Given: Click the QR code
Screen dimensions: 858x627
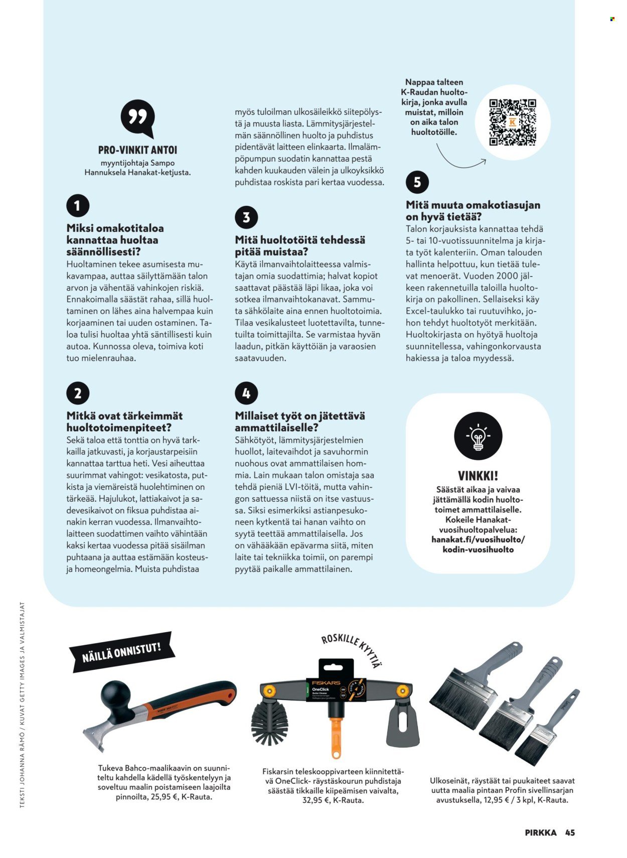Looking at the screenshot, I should tap(512, 122).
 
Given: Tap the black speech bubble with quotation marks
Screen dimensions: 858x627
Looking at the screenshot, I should tap(137, 119).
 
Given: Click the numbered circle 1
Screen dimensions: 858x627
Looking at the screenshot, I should tap(77, 206).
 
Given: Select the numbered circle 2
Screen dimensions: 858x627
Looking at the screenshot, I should tap(77, 393).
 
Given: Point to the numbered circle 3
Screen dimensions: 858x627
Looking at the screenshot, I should tap(246, 218).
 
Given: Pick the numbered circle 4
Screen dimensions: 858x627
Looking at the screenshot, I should tap(246, 393).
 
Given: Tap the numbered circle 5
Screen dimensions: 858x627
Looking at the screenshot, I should tap(417, 182).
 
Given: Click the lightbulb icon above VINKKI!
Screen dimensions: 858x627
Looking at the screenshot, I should tap(478, 436).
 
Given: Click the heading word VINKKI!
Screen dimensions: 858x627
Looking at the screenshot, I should tap(478, 475).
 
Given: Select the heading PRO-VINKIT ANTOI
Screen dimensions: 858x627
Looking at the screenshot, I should tap(137, 150).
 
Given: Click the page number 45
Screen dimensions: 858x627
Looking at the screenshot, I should tap(570, 832).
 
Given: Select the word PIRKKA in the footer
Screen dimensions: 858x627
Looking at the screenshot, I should tap(540, 832).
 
